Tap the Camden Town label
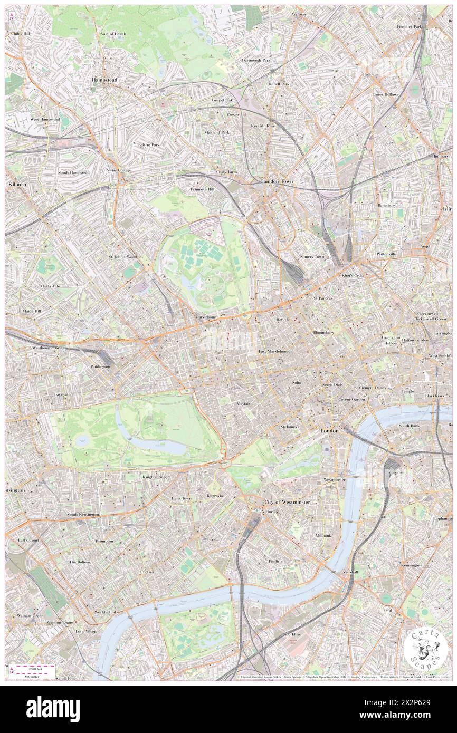point(277,181)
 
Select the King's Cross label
point(352,276)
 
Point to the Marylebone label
point(206,317)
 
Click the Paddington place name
point(100,366)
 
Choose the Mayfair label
point(243,403)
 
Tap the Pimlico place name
point(290,561)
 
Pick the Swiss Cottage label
point(119,170)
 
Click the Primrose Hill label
point(203,189)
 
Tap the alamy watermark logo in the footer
point(53,709)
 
